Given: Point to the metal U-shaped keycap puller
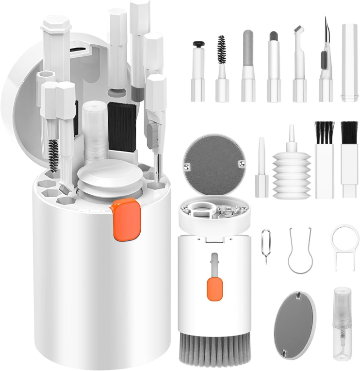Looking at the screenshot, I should click(x=300, y=251).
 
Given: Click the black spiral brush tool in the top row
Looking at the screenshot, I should click(x=222, y=68).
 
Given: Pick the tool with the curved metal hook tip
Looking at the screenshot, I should click(x=325, y=63).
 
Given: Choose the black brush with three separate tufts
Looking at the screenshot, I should click(x=325, y=160).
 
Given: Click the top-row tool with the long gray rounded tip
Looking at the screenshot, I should click(x=248, y=66).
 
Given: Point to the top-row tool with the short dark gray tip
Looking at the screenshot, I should click(x=274, y=68).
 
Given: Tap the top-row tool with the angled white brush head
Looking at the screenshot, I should click(x=299, y=66).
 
